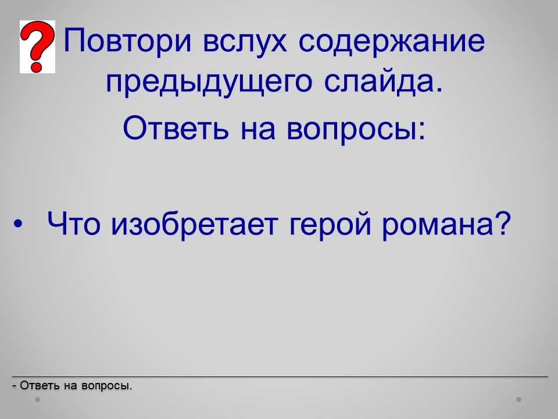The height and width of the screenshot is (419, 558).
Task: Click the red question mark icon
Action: (37, 47)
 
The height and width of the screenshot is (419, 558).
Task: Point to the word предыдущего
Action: (209, 83)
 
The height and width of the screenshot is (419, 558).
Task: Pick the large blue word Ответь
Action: (176, 128)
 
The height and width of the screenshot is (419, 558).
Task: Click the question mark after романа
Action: (502, 223)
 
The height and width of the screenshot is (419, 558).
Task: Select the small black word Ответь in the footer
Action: (40, 385)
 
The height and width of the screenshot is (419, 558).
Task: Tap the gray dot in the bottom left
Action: (37, 400)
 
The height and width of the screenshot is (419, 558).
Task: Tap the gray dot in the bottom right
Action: (518, 400)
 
